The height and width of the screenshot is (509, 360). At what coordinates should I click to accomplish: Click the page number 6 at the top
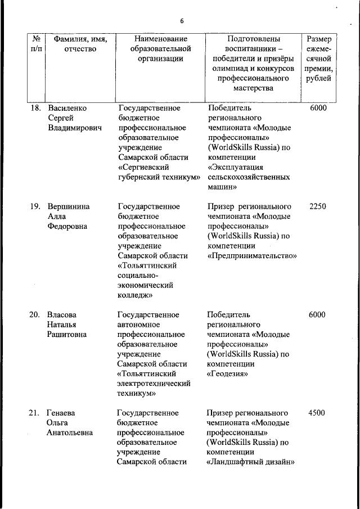pyautogui.click(x=182, y=21)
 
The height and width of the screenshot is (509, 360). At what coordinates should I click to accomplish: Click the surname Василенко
pyautogui.click(x=69, y=107)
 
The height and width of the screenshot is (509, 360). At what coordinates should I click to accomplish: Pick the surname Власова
pyautogui.click(x=62, y=314)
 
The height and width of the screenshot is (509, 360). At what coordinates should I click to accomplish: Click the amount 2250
pyautogui.click(x=317, y=206)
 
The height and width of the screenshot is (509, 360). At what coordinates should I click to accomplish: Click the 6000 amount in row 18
pyautogui.click(x=317, y=107)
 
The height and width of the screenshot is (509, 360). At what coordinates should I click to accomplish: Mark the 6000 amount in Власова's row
pyautogui.click(x=317, y=314)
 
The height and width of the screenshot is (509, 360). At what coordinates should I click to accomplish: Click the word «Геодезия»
pyautogui.click(x=227, y=373)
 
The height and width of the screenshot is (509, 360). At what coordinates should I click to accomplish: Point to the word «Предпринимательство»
pyautogui.click(x=252, y=255)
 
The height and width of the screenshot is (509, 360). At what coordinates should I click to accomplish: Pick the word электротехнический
pyautogui.click(x=154, y=384)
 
